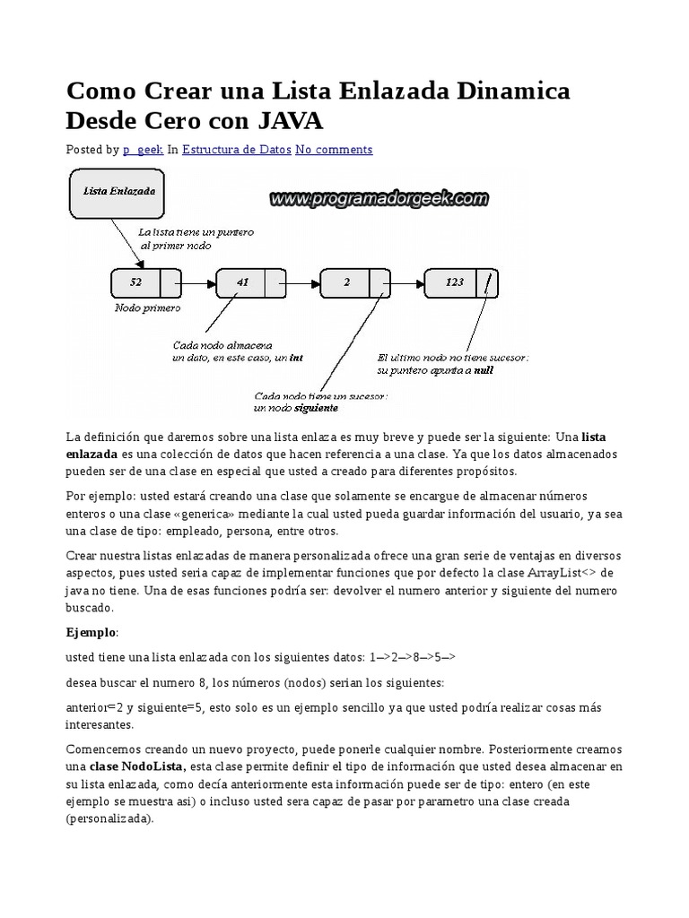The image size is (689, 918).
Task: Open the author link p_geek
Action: pos(143,150)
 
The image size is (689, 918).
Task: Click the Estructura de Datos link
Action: pos(236,150)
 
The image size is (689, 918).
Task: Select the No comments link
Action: pos(334,150)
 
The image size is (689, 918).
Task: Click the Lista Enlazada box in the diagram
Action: pos(118,192)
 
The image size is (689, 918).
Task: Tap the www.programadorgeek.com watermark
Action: pos(379,198)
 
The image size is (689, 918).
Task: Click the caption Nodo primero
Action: pos(147,307)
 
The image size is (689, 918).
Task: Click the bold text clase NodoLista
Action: pos(137,766)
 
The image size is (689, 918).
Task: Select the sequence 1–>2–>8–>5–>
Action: pos(412,656)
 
